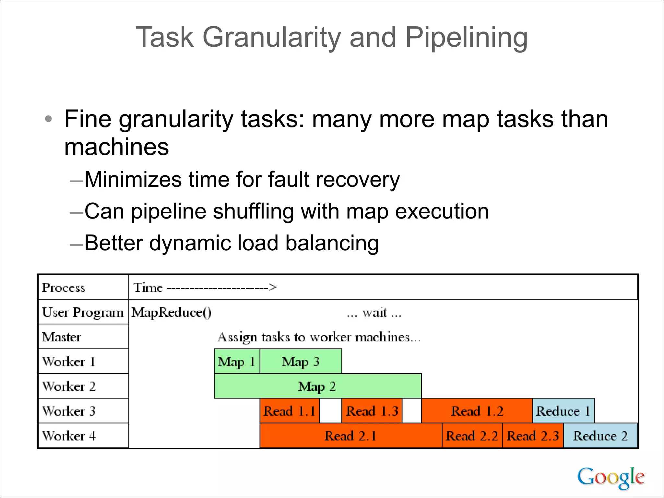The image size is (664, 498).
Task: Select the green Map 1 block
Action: coord(237,361)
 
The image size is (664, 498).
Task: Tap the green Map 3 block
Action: coord(301,361)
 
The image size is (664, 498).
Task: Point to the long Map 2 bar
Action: coord(317,386)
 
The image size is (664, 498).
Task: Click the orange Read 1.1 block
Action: coord(290,411)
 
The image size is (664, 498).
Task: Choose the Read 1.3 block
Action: coord(372,411)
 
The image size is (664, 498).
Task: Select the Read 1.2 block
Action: coord(477,411)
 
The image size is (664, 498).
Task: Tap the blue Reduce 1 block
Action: coord(563,411)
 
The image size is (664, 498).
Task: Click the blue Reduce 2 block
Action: coord(600,435)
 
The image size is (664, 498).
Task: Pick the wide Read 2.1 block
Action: coord(351,435)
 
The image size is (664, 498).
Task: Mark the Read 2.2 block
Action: coord(472,435)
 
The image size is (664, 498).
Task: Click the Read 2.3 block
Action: coord(533,435)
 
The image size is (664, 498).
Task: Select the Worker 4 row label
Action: coord(69,435)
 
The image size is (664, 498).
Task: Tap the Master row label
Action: coord(61,337)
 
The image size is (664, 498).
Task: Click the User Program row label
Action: coord(83,312)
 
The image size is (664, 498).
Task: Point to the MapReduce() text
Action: coord(171,313)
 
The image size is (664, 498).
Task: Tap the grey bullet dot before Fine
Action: coord(48,119)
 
